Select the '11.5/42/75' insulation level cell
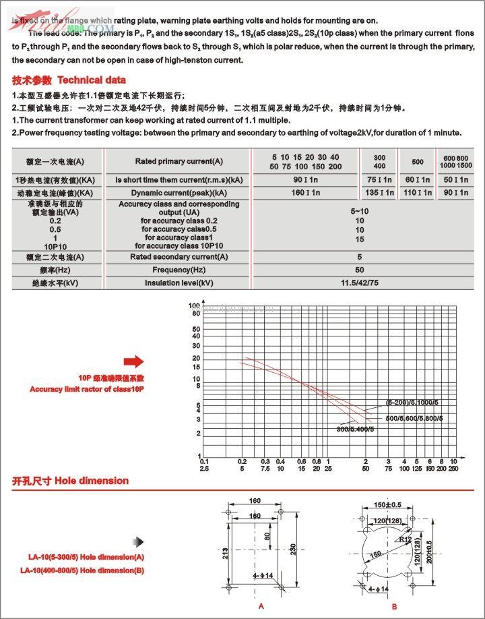[360, 283]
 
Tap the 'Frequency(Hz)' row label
[179, 270]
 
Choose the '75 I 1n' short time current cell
[380, 180]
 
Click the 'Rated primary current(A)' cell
[179, 162]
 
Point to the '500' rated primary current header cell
[418, 162]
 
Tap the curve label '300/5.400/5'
[354, 429]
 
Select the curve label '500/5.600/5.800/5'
[414, 419]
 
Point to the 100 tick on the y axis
[195, 305]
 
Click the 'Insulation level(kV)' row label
[179, 283]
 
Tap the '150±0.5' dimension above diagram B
[387, 504]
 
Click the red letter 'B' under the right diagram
[395, 607]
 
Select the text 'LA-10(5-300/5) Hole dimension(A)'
[86, 558]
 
